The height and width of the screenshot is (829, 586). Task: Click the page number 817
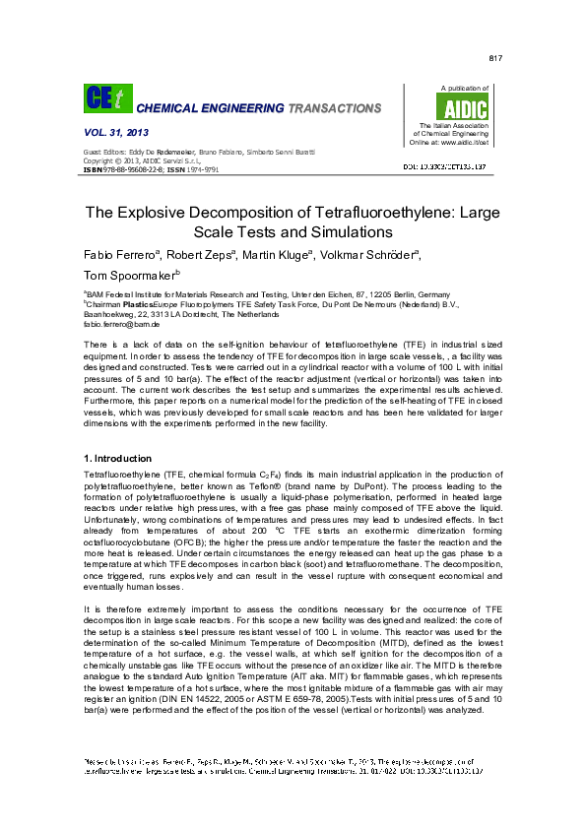[x=495, y=59]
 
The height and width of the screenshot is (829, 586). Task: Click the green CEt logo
[x=102, y=98]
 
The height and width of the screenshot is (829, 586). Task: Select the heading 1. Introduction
[x=118, y=459]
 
